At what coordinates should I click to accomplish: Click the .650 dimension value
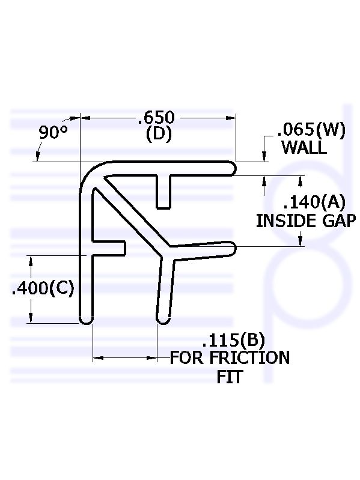[x=157, y=117]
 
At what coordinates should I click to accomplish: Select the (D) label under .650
[x=159, y=135]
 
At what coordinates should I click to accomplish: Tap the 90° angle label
[x=53, y=132]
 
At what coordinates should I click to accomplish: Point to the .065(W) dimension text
[x=311, y=130]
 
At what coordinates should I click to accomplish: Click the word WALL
[x=304, y=147]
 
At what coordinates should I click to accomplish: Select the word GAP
[x=340, y=220]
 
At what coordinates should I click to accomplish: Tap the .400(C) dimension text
[x=43, y=288]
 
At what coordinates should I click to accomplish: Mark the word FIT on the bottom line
[x=230, y=377]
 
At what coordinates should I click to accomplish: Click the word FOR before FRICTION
[x=187, y=358]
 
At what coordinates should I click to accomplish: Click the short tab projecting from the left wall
[x=109, y=248]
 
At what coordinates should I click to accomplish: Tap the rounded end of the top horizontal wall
[x=233, y=168]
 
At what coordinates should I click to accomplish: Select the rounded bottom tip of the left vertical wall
[x=86, y=320]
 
